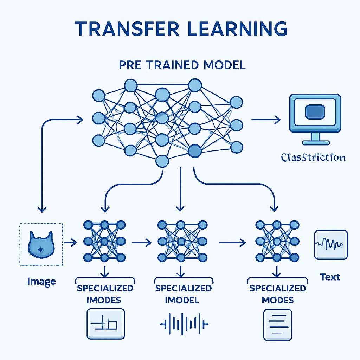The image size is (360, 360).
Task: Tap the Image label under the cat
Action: pyautogui.click(x=41, y=281)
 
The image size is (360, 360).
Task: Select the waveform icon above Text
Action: pyautogui.click(x=331, y=244)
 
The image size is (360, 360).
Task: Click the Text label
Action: pyautogui.click(x=330, y=277)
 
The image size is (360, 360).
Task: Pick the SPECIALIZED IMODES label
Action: pyautogui.click(x=105, y=294)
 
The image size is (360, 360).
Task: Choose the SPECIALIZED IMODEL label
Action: pyautogui.click(x=183, y=294)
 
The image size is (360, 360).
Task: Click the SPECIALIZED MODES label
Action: pyautogui.click(x=277, y=294)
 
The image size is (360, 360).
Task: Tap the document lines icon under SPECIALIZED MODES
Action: pyautogui.click(x=277, y=324)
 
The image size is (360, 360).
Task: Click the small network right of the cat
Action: pyautogui.click(x=104, y=241)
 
